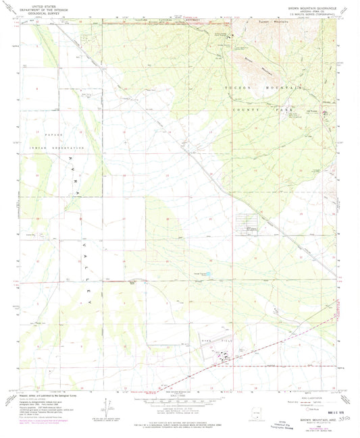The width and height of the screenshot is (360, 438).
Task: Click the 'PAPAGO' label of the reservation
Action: click(x=35, y=135)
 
